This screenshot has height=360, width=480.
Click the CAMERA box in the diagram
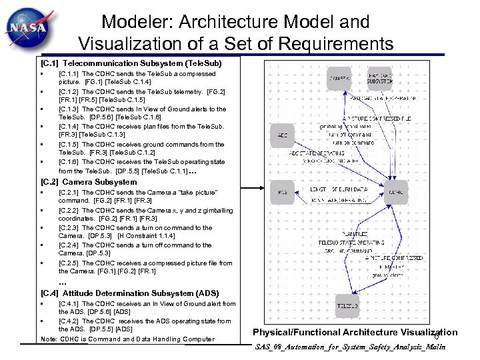tap(340, 79)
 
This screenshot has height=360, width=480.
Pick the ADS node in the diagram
tap(283, 135)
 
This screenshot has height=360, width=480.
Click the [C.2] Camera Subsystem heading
tap(89, 182)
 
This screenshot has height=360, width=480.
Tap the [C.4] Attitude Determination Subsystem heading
tap(129, 293)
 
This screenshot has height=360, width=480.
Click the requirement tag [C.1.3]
tap(69, 109)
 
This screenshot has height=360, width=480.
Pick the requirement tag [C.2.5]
tap(69, 263)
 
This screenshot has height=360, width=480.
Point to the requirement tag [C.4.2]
tap(69, 321)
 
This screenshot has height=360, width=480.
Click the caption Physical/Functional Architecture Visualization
tap(355, 332)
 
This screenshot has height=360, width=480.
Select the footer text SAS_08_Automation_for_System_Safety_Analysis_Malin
tap(350, 347)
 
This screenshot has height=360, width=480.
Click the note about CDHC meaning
tap(128, 339)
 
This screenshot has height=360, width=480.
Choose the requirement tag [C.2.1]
tap(69, 192)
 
